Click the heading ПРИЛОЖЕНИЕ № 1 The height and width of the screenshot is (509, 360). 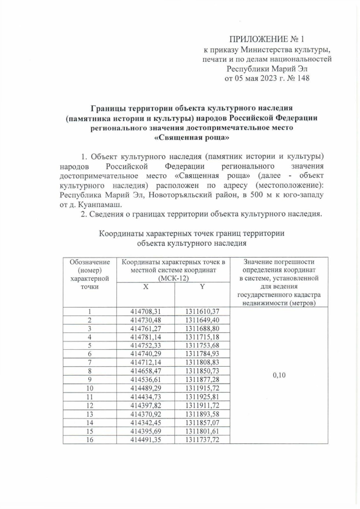pos(267,39)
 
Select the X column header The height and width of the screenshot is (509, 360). pos(145,286)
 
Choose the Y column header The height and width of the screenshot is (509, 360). pos(201,286)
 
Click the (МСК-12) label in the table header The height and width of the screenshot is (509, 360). pos(173,278)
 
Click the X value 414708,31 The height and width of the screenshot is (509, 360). pos(146,311)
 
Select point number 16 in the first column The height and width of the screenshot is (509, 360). pos(89,439)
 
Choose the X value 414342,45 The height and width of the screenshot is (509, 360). pos(146,422)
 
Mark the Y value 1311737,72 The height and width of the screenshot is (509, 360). pos(201,439)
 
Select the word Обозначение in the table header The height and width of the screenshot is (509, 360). pos(89,262)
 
